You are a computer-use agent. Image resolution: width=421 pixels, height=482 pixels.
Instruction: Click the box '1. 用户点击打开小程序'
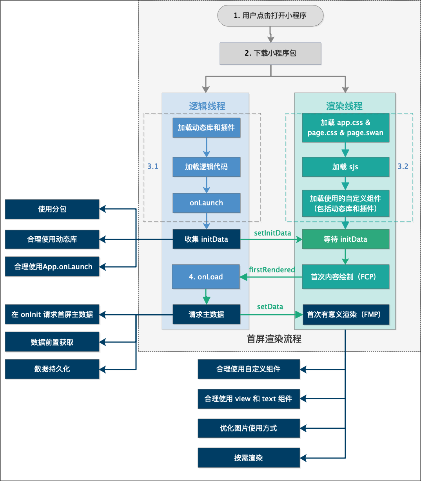270,16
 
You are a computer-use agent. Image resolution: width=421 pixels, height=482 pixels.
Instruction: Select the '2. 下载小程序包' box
270,53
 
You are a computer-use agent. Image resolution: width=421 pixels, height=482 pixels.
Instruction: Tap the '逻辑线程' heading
207,106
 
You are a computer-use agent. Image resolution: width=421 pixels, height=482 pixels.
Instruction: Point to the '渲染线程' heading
344,106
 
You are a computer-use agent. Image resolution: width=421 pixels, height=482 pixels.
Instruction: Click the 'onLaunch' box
207,203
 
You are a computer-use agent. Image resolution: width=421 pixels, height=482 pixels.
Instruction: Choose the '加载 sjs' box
345,167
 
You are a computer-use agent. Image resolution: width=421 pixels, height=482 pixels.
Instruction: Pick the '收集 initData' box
207,239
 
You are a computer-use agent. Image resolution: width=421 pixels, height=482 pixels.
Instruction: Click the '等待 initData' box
345,239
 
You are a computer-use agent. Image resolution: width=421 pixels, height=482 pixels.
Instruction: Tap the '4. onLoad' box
206,277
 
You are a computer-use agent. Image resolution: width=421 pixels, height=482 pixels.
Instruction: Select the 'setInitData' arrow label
272,233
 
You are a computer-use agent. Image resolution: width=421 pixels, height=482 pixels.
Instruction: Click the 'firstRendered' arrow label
272,270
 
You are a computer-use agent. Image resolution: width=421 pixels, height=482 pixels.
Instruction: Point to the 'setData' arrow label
270,307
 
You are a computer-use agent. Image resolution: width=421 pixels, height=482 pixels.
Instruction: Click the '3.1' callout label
153,167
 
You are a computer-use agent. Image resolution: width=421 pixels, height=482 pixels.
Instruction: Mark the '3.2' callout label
403,167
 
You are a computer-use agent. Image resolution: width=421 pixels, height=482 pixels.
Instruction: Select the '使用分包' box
52,209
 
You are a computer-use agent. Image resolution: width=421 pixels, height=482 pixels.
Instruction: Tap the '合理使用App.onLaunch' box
52,267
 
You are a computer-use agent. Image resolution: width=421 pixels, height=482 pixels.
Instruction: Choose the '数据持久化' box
52,369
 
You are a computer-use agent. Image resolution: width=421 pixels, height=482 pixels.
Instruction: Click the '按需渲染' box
249,458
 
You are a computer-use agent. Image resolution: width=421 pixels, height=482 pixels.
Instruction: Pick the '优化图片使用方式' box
249,428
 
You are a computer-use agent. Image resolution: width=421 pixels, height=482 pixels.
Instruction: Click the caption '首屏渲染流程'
274,339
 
